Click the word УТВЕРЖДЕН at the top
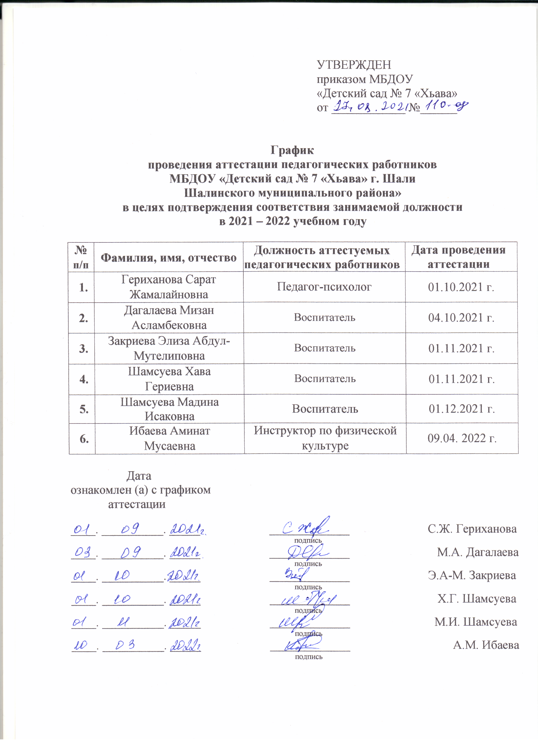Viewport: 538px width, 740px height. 354,65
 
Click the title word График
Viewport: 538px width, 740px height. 292,150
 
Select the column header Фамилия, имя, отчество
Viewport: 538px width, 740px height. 168,258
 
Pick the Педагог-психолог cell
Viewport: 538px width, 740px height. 324,287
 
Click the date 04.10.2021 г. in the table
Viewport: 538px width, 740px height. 461,317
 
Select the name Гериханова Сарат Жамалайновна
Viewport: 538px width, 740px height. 169,287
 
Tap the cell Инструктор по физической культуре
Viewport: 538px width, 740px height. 325,438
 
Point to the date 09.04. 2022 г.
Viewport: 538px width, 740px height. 462,438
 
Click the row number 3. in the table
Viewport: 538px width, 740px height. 84,348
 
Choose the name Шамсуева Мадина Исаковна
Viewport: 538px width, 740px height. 169,409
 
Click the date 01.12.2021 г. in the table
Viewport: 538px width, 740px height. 462,409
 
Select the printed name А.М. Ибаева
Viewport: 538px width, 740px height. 486,645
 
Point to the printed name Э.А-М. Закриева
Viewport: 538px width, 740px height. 472,575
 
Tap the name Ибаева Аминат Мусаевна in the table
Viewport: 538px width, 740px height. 170,438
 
